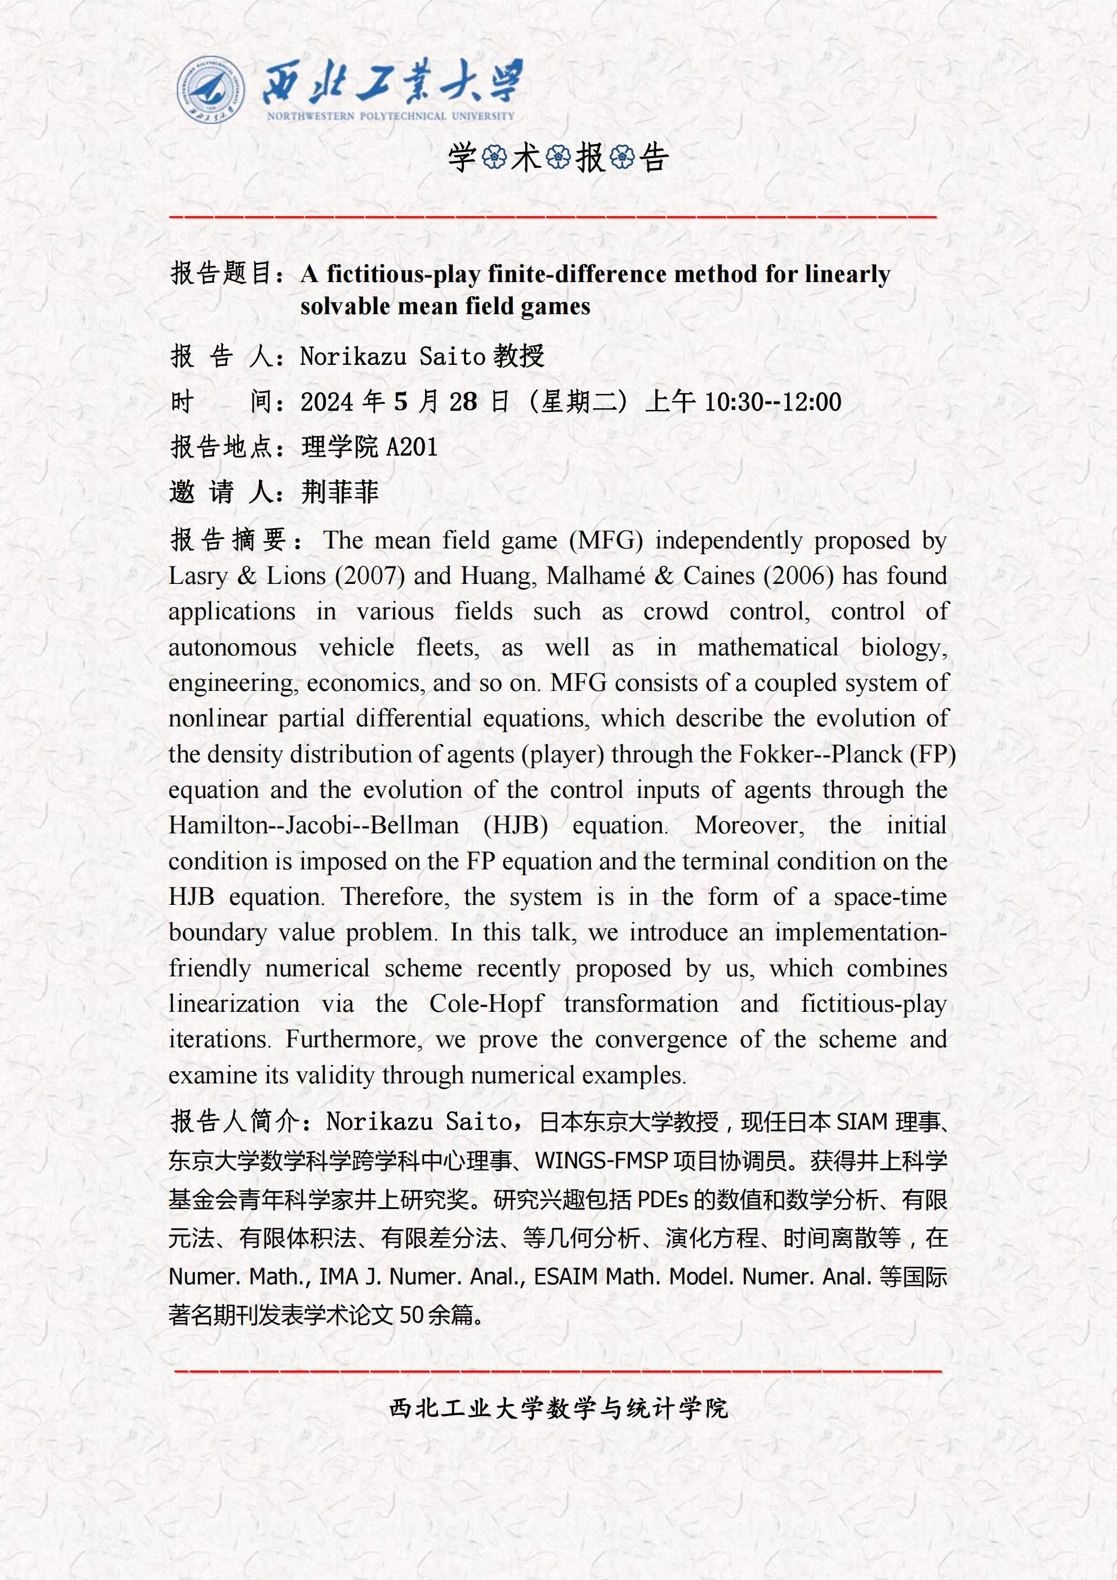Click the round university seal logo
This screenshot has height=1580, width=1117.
[210, 90]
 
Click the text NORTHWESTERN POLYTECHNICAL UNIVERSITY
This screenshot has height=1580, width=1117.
[390, 117]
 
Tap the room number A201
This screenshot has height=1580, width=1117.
[412, 447]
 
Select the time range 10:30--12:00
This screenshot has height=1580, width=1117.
[773, 402]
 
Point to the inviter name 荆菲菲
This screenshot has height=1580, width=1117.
[340, 492]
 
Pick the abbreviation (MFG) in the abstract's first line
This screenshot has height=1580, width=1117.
[606, 540]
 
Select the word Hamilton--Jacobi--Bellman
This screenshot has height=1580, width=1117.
[313, 825]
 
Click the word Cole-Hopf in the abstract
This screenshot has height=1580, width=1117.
[486, 1003]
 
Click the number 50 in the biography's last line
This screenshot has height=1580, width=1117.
[412, 1315]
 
